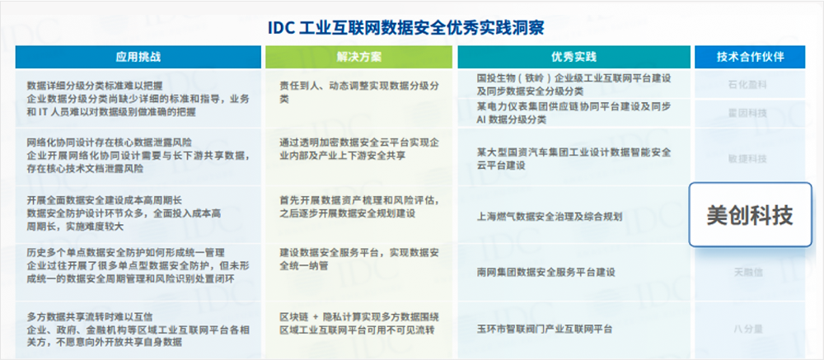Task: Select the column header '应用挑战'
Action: pyautogui.click(x=138, y=58)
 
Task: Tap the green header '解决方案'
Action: pyautogui.click(x=358, y=58)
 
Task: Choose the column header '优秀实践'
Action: pyautogui.click(x=573, y=58)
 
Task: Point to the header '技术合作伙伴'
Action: pyautogui.click(x=750, y=58)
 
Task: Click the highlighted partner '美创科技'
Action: pyautogui.click(x=750, y=215)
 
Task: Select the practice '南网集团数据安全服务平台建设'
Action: pyautogui.click(x=545, y=272)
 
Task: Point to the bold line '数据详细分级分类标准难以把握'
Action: pyautogui.click(x=95, y=85)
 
